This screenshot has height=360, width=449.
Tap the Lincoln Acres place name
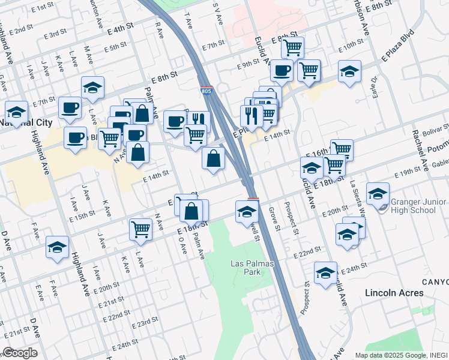tap(395, 293)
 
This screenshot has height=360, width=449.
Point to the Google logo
tap(20, 353)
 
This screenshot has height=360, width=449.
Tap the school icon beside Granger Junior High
tap(378, 194)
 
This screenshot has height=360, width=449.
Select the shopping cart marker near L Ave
tap(140, 228)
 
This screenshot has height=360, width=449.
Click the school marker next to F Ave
tap(58, 247)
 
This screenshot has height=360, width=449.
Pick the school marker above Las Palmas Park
tap(246, 212)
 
